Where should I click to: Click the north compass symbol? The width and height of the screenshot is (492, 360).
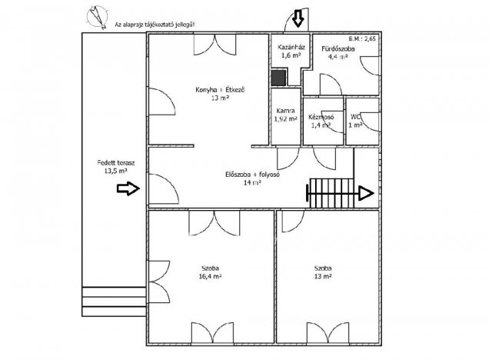[x=98, y=17]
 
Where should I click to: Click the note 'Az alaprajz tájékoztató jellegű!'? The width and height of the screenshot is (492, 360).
[x=155, y=25]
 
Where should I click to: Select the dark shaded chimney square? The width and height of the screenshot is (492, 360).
[x=278, y=78]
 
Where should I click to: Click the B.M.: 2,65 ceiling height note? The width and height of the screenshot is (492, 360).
[x=362, y=39]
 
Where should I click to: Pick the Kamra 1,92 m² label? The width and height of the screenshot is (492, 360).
[x=285, y=115]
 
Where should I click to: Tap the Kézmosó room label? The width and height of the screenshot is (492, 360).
[x=321, y=117]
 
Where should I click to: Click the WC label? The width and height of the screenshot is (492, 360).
[x=355, y=117]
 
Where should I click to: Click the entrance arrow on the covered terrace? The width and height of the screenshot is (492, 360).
[x=128, y=188]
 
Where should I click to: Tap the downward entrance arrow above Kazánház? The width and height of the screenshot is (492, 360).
[x=298, y=18]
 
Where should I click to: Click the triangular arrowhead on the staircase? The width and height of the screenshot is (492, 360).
[x=366, y=193]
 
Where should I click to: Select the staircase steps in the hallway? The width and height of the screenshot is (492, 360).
[x=331, y=193]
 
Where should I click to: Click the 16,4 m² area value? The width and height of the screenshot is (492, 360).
[x=210, y=276]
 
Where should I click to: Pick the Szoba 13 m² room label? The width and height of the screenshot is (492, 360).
[x=323, y=272]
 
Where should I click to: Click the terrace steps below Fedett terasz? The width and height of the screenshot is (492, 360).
[x=114, y=302]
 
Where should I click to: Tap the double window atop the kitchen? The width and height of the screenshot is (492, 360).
[x=214, y=44]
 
